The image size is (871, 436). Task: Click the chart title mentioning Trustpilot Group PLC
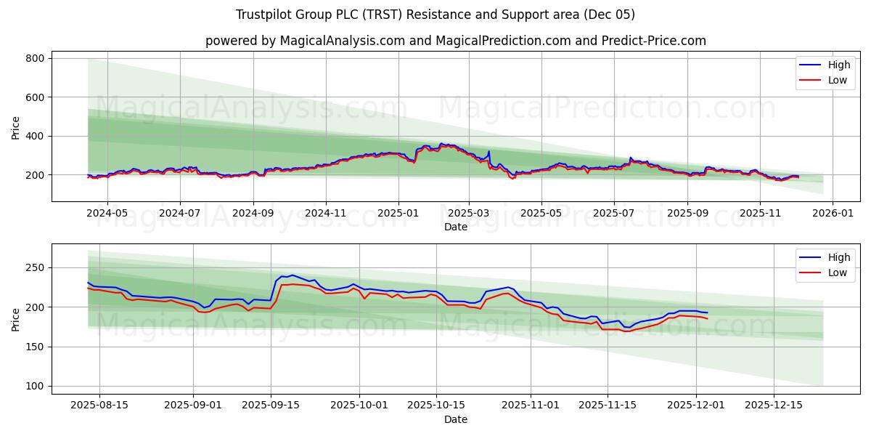[x=435, y=15]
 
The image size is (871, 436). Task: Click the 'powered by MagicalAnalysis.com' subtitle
[x=455, y=41]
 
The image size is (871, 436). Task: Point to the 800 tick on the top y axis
[x=36, y=58]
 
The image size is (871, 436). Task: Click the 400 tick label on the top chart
[x=36, y=136]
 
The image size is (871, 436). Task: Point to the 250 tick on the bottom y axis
[x=36, y=268]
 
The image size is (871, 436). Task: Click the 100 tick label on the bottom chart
[x=36, y=386]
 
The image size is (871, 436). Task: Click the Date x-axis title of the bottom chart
[x=455, y=419]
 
